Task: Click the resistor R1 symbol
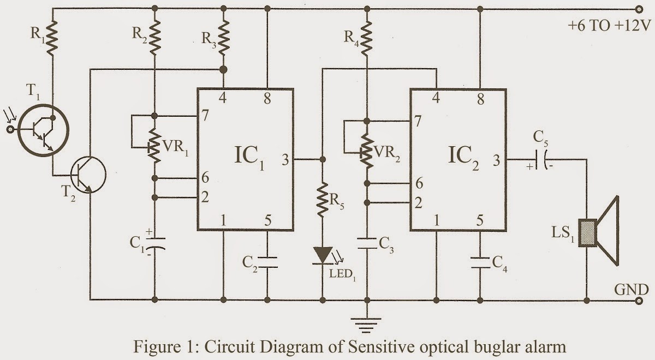52,37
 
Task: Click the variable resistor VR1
154,147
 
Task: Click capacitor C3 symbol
367,244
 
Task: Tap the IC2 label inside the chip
463,160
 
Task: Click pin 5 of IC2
479,221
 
